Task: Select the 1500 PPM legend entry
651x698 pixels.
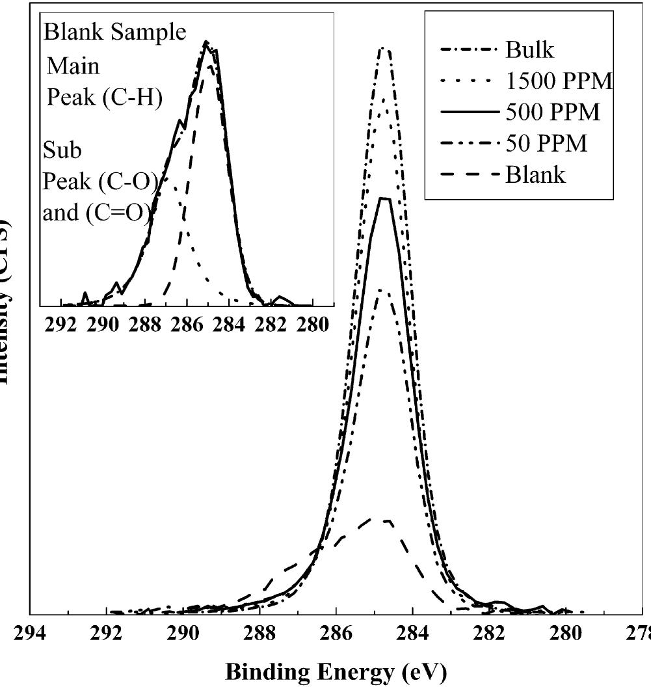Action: [559, 81]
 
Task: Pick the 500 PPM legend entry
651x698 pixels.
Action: [552, 113]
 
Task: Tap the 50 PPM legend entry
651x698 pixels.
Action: [546, 143]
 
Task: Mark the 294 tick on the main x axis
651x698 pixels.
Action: [31, 634]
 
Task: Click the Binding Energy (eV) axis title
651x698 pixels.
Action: [336, 673]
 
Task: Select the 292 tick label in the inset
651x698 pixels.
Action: [62, 325]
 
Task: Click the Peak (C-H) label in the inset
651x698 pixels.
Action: [104, 98]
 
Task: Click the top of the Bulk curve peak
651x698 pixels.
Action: [385, 47]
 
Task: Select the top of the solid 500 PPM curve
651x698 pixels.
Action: [385, 198]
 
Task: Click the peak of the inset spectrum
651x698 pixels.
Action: [206, 42]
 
